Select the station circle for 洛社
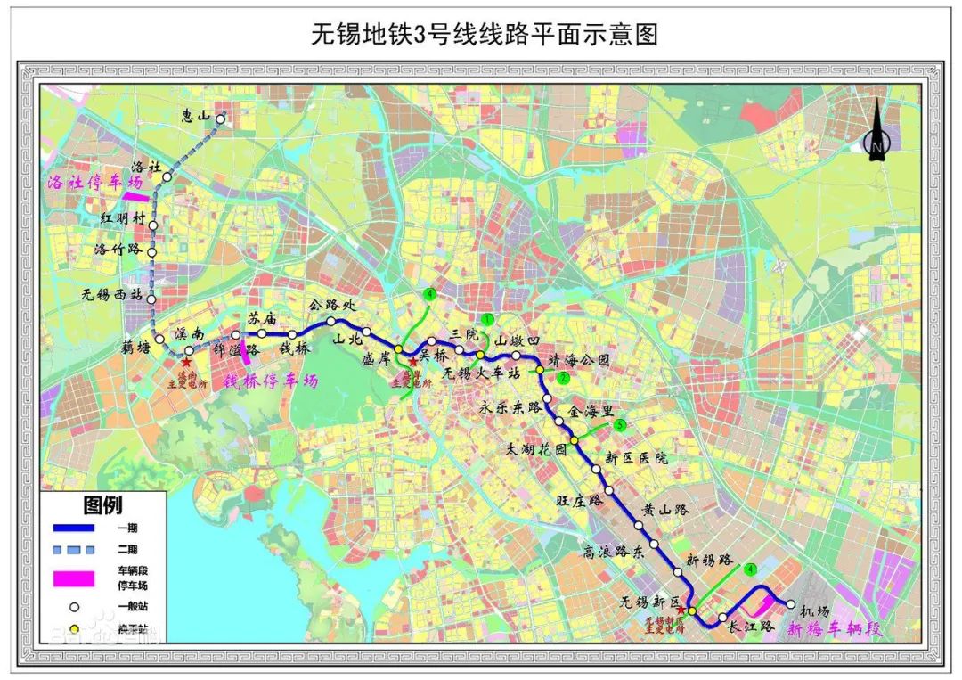pos(167,178)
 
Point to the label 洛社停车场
pos(93,181)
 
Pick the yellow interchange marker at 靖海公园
pos(540,369)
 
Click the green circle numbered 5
pos(620,424)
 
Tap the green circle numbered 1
pos(487,318)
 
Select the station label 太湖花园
pos(535,450)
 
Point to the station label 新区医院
pos(636,458)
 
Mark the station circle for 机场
pos(790,604)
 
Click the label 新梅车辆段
pos(833,628)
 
